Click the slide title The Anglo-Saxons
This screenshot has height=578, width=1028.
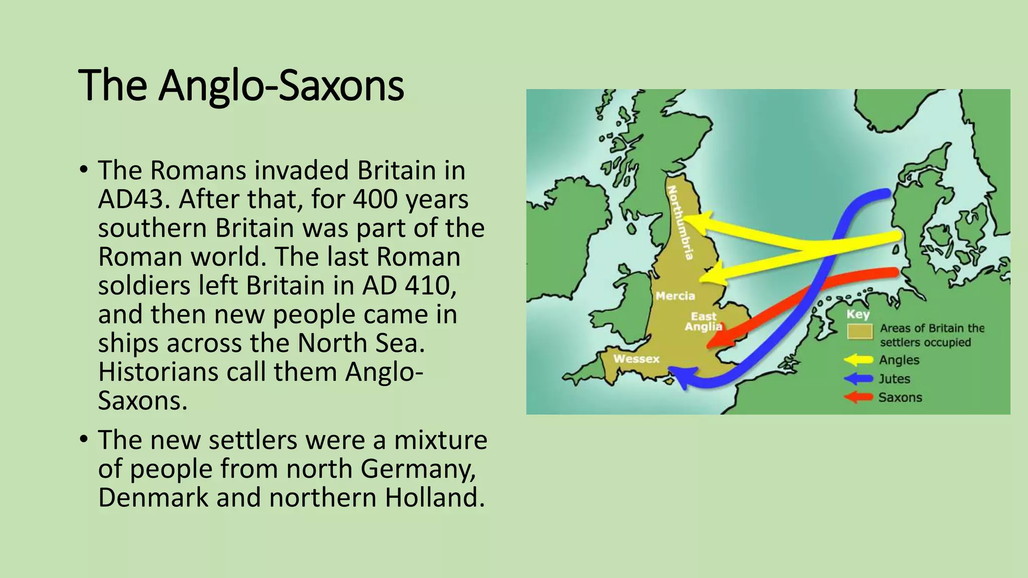pyautogui.click(x=241, y=85)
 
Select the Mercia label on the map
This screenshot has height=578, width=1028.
pyautogui.click(x=675, y=296)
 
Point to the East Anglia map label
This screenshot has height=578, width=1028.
pyautogui.click(x=704, y=322)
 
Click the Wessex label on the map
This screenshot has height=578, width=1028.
pyautogui.click(x=636, y=359)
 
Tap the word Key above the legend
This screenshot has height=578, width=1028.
pyautogui.click(x=858, y=315)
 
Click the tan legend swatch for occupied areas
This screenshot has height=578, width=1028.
pyautogui.click(x=860, y=332)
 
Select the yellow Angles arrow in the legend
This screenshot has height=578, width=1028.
pyautogui.click(x=858, y=360)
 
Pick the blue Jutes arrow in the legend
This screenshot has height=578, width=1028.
pyautogui.click(x=858, y=379)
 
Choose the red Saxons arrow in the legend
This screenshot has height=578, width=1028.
pyautogui.click(x=858, y=397)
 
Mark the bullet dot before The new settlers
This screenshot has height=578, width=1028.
pyautogui.click(x=84, y=440)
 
